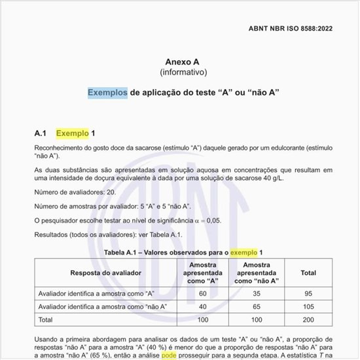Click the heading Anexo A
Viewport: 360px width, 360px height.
(x=183, y=61)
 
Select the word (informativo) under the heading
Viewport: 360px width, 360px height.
(x=183, y=72)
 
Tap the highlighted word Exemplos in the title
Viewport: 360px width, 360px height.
(x=107, y=93)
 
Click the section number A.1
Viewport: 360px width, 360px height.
(x=43, y=134)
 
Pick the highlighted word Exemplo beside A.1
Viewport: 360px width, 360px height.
(x=73, y=134)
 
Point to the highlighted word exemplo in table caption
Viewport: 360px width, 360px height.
(x=243, y=252)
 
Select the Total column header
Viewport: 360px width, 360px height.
(x=308, y=272)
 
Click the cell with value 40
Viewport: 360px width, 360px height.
(x=202, y=306)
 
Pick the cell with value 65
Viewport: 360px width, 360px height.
(x=257, y=306)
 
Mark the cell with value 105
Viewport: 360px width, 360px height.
(x=308, y=306)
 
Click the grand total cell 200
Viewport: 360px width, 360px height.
(x=308, y=319)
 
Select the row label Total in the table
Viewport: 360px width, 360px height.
(x=46, y=319)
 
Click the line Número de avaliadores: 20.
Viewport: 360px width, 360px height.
(x=75, y=192)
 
